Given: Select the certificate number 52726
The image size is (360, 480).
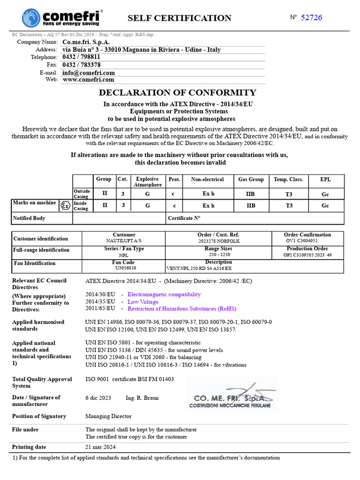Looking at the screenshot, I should tap(311, 17).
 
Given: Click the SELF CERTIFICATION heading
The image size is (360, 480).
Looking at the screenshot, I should tap(180, 18).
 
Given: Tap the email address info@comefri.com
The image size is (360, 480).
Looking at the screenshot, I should tap(89, 73).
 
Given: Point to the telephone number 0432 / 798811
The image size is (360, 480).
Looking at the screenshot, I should tap(81, 57).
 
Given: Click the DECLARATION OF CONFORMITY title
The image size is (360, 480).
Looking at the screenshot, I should tap(178, 92).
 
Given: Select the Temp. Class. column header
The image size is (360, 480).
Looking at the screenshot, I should tap(288, 179).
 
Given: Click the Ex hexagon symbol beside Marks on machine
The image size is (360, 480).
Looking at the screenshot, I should tap(65, 205).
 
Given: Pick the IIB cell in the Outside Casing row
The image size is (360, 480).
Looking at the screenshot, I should tap(251, 193).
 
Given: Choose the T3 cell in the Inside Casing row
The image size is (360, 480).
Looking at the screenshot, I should tap(289, 205).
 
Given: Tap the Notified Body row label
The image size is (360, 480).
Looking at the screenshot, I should tap(29, 218).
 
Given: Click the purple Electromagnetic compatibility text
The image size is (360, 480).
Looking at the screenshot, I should tap(164, 294).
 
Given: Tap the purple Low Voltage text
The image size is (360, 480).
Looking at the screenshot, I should tap(143, 302).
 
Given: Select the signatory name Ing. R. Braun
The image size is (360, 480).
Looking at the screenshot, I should tap(142, 398).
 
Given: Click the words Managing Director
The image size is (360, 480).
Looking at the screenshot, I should tap(108, 416).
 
